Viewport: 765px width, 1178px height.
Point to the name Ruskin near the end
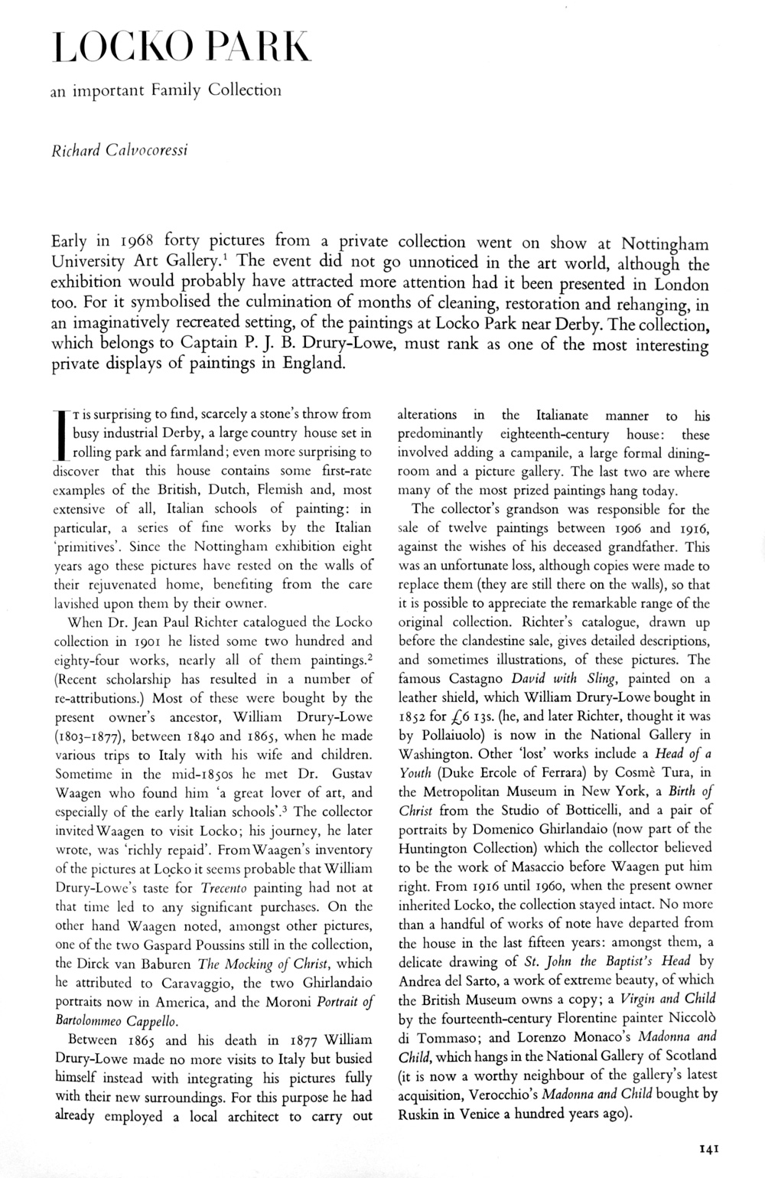pyautogui.click(x=420, y=1114)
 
